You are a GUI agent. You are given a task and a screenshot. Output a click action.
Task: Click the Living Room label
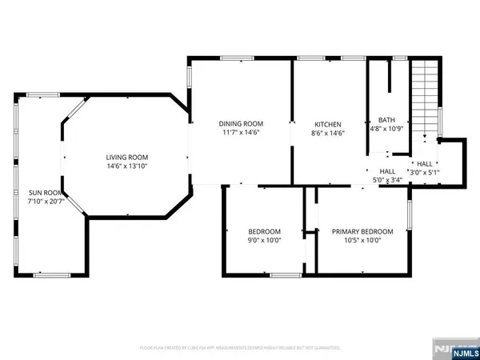click(x=128, y=157)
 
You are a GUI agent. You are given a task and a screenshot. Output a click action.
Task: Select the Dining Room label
click(x=241, y=123)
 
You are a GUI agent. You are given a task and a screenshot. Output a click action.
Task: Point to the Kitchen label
click(x=328, y=125)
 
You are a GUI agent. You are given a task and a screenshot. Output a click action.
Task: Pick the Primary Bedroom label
click(x=362, y=231)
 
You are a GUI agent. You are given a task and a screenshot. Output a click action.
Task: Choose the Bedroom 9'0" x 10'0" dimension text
click(x=262, y=240)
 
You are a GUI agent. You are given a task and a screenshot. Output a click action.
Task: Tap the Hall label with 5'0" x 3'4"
click(x=387, y=171)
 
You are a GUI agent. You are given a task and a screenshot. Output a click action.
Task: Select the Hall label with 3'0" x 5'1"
click(x=425, y=163)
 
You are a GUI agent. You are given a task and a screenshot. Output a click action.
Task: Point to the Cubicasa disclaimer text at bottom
click(x=240, y=348)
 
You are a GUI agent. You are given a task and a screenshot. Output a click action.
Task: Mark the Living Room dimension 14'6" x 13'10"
click(x=128, y=166)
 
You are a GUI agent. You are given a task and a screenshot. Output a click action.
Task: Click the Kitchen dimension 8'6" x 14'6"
click(x=328, y=134)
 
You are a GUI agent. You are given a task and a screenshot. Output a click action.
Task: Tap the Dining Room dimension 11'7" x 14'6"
click(x=241, y=132)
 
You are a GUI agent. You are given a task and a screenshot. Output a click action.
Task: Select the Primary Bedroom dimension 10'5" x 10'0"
click(x=362, y=240)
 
